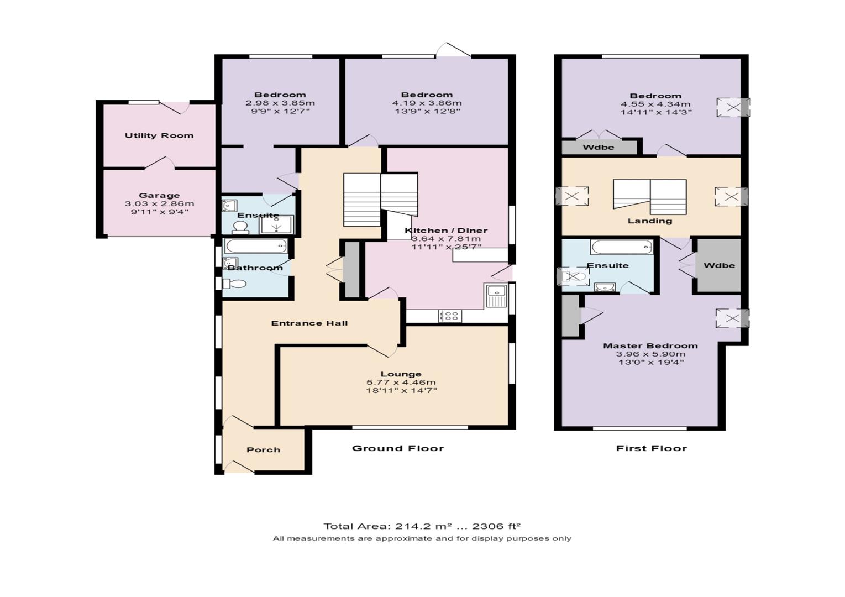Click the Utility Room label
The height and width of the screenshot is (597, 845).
(x=159, y=135)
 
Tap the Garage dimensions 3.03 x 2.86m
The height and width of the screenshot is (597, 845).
(x=159, y=203)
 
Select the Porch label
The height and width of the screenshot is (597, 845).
(x=263, y=450)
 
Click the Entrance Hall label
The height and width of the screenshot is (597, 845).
(x=309, y=323)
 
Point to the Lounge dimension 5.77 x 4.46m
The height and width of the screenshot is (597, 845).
(x=401, y=383)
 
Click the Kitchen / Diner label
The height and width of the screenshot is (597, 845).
(x=446, y=231)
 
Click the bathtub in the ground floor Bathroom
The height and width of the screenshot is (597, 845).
(x=256, y=246)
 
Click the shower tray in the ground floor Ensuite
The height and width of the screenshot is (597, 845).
(x=276, y=224)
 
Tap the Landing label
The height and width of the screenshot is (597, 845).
(x=649, y=221)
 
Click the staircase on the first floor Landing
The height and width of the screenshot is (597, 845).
(x=649, y=196)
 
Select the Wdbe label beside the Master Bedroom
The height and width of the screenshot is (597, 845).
(x=719, y=266)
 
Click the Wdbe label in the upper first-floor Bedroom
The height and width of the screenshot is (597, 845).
(x=599, y=148)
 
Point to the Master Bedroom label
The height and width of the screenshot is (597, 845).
(x=650, y=346)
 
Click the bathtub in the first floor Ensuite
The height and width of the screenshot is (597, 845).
(x=621, y=247)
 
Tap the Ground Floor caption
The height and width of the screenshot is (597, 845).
(x=398, y=448)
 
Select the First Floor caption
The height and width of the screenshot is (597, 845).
(x=651, y=448)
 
